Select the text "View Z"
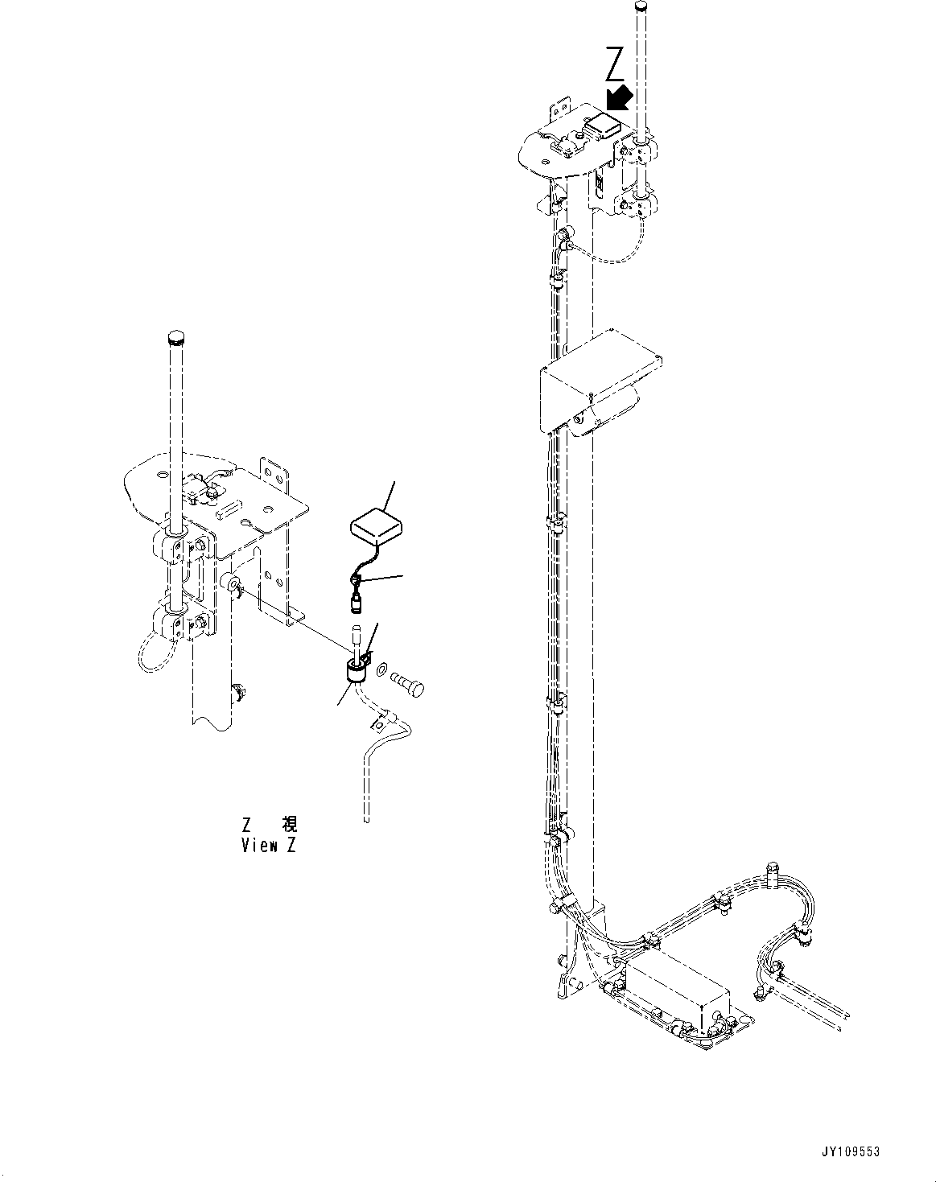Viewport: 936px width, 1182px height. (x=268, y=846)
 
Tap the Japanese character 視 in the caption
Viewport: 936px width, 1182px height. (x=289, y=824)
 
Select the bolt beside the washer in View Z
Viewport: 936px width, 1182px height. (x=409, y=682)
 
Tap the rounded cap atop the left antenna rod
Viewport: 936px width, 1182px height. (x=175, y=336)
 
